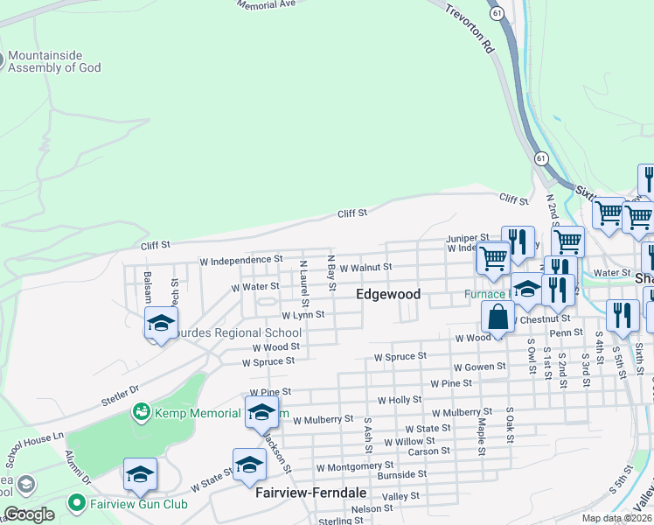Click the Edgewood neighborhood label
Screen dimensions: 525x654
coord(388,295)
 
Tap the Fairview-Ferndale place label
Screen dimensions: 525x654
coord(311,493)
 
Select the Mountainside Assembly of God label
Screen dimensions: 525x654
coord(55,60)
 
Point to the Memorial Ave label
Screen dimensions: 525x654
coord(266,4)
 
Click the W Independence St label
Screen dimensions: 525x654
coord(241,260)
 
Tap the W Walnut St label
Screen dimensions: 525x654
coord(365,267)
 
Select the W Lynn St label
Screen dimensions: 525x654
coord(303,314)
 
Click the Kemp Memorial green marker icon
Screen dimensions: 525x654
coord(140,410)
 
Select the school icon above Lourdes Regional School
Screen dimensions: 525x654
coord(161,324)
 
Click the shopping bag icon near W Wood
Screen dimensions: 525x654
coord(497,318)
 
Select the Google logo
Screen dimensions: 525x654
coord(29,514)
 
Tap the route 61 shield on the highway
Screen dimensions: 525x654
coord(541,158)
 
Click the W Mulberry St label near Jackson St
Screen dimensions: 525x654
coord(323,420)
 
